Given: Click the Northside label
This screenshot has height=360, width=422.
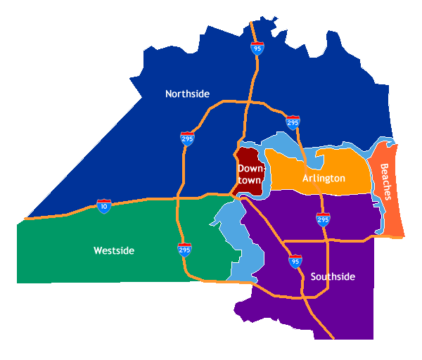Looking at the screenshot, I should (x=187, y=94).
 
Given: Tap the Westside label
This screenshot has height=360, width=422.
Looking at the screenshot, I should (x=113, y=251).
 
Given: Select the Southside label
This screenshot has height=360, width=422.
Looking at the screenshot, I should (x=333, y=277).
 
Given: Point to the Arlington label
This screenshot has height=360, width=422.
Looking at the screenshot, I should (x=324, y=179).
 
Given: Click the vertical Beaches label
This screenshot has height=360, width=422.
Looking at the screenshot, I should (x=385, y=181).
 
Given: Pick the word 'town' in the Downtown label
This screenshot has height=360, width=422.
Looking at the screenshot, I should (x=249, y=181).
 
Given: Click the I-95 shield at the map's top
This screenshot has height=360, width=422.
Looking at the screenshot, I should (x=257, y=49).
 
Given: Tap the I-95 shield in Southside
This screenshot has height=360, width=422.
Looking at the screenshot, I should (x=295, y=262).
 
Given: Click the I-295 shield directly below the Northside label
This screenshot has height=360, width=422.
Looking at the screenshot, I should (x=187, y=138).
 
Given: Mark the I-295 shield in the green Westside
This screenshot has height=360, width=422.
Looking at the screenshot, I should (x=184, y=250).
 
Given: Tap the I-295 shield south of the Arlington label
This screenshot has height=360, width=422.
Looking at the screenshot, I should (x=323, y=219).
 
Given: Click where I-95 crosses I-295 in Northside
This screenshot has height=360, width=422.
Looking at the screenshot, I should (x=248, y=103).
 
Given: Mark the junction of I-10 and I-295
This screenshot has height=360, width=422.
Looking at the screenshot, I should (x=178, y=197).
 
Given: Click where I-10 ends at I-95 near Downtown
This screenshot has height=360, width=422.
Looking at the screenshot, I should (x=233, y=192).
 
